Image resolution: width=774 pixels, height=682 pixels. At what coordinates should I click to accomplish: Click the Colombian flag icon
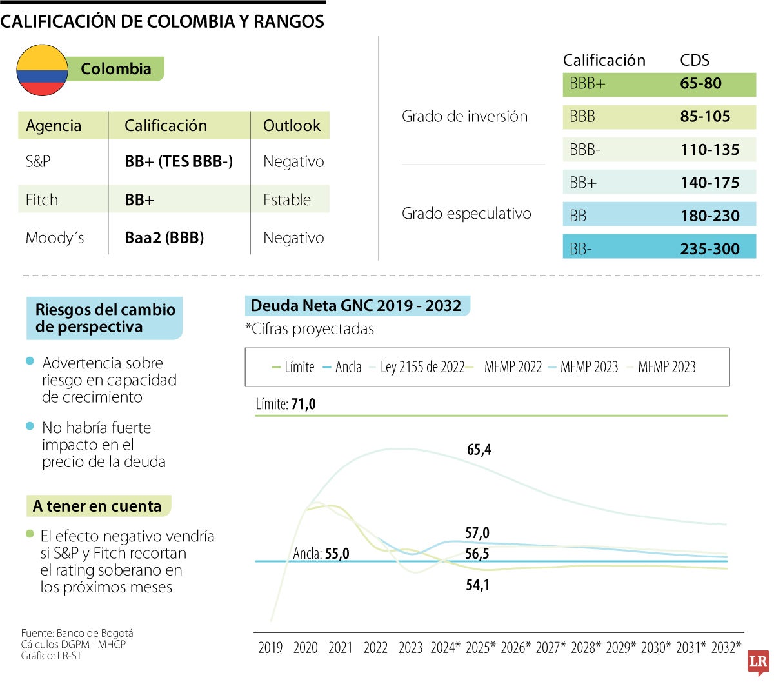[x=42, y=70]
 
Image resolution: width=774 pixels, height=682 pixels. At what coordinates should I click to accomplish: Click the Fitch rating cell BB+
[x=139, y=200]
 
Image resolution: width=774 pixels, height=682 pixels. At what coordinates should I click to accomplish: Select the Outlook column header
[x=292, y=126]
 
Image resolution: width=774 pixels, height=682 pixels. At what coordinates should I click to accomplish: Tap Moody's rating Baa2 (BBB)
[x=164, y=238]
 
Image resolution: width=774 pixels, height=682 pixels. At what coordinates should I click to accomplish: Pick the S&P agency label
[x=38, y=161]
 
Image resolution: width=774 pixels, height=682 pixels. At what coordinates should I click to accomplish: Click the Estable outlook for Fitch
[x=287, y=200]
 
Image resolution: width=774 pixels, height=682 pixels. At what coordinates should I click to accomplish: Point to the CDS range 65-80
[x=700, y=84]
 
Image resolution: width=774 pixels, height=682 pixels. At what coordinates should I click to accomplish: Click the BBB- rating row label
[x=585, y=150]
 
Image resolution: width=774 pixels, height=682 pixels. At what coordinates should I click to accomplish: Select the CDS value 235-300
[x=709, y=249]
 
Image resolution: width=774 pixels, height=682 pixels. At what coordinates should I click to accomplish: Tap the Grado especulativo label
[x=466, y=214]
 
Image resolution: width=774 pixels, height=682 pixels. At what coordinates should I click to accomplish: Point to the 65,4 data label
[x=479, y=450]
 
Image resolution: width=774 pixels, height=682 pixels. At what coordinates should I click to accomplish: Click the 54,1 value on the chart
[x=477, y=585]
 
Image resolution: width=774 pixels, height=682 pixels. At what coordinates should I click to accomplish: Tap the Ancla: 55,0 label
[x=321, y=554]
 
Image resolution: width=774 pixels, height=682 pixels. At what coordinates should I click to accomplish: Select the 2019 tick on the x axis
[x=270, y=648]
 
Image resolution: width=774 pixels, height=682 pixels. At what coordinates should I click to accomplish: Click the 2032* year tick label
[x=726, y=648]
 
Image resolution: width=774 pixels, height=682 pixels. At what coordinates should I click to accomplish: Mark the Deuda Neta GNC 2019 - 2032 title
[x=356, y=306]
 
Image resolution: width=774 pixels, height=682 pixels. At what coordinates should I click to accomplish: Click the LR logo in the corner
[x=758, y=663]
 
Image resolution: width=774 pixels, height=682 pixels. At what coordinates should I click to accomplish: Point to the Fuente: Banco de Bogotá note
[x=77, y=633]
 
